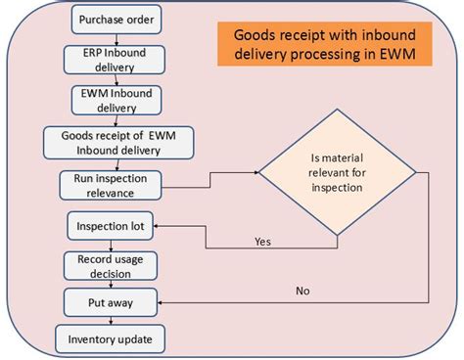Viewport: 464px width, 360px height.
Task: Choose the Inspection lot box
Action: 111,226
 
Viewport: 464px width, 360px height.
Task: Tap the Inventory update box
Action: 111,339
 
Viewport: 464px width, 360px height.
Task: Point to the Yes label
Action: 263,240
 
